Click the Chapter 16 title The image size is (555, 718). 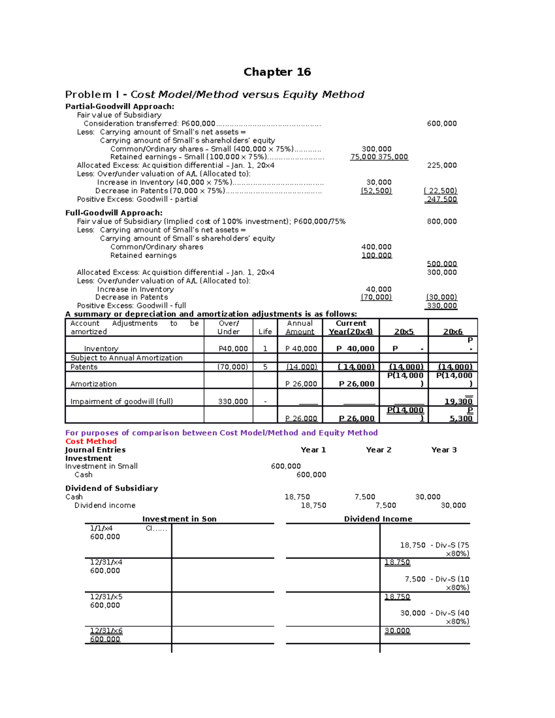[277, 72]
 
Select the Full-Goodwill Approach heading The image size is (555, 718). [114, 213]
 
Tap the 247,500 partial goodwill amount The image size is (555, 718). [442, 199]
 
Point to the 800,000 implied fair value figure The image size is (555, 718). [442, 221]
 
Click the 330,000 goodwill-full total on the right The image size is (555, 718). [442, 306]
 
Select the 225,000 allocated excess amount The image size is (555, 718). [442, 165]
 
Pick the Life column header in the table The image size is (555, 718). [265, 331]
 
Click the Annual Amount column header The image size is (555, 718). [300, 327]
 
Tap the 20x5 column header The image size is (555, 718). [404, 331]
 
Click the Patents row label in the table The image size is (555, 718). [84, 367]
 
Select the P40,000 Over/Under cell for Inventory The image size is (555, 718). [233, 349]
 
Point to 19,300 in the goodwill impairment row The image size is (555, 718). [458, 401]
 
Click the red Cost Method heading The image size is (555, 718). [91, 441]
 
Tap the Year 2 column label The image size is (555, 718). [378, 450]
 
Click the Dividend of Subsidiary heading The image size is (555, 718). [111, 488]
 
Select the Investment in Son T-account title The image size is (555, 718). [179, 519]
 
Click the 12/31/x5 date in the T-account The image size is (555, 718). [106, 597]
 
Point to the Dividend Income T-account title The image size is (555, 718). [378, 519]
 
